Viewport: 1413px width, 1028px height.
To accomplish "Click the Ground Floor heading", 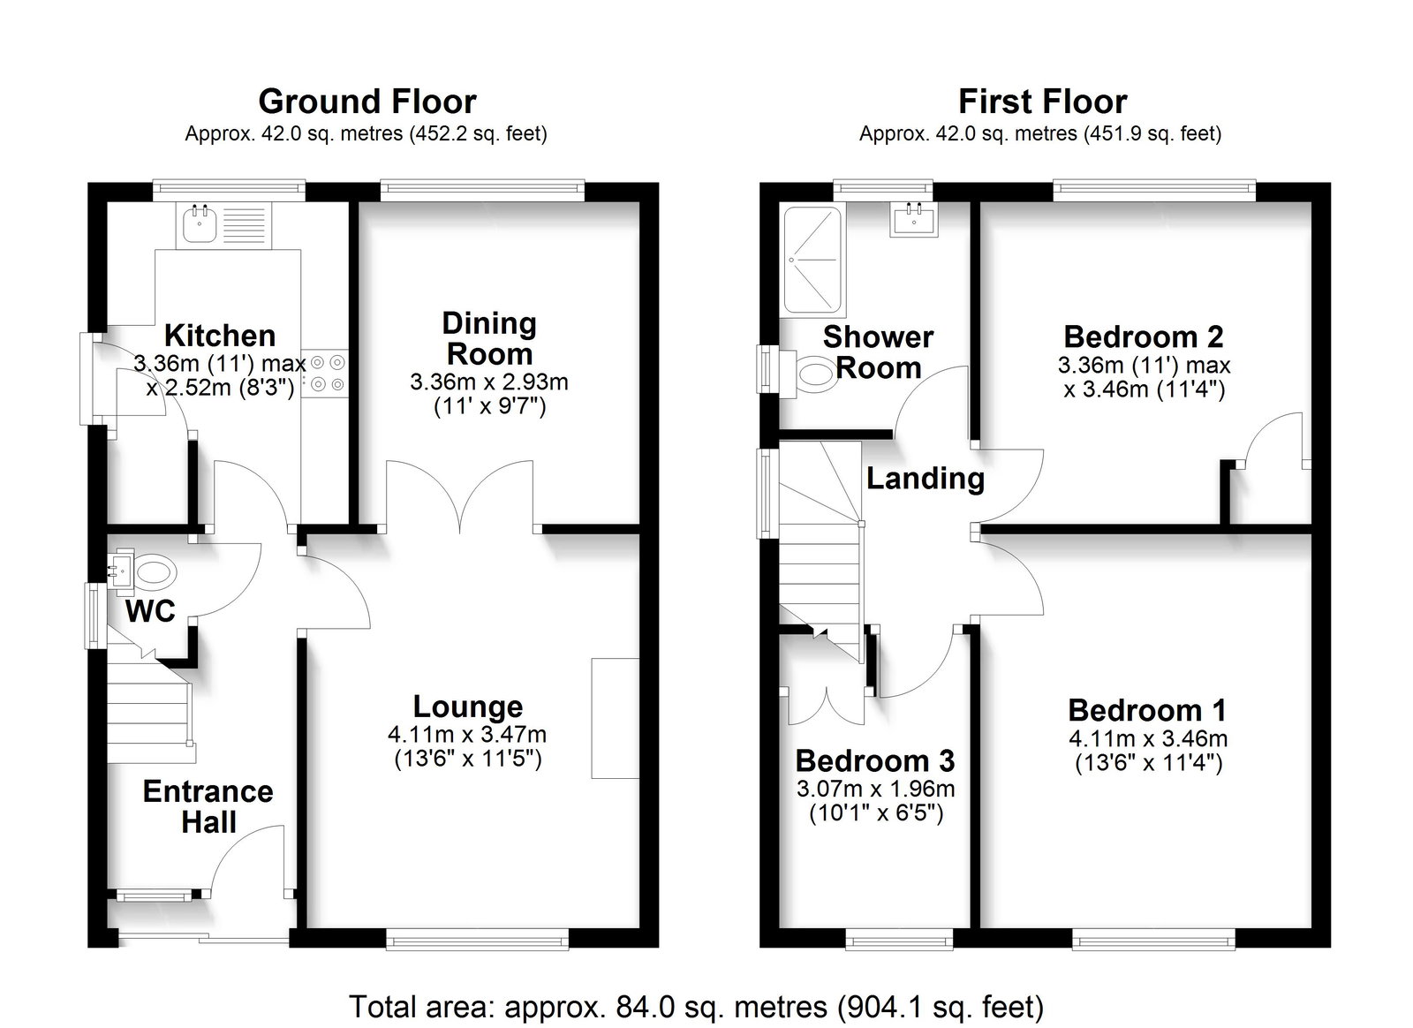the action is click(x=367, y=102).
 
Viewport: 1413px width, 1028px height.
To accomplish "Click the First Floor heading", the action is click(x=1043, y=102).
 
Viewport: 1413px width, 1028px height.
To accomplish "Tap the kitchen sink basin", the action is click(x=200, y=224).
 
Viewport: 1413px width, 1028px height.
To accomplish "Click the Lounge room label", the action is click(x=467, y=707).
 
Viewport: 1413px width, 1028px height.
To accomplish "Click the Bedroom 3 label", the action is click(x=875, y=760).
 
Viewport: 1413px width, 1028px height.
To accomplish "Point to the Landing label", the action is click(x=926, y=479).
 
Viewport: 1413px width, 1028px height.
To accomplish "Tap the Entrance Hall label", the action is click(x=208, y=806).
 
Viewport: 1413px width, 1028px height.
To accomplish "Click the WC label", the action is click(x=150, y=611).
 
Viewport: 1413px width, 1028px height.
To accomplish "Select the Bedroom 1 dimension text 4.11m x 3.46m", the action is click(x=1148, y=738).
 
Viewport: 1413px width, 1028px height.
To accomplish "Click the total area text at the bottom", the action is click(x=697, y=1007).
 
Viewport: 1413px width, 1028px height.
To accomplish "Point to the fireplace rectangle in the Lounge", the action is click(x=615, y=718).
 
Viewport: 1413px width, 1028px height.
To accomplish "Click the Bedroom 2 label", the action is click(x=1143, y=336).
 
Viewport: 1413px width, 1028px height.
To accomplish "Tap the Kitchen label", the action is click(x=220, y=336).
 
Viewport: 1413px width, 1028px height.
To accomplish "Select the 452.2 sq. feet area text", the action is click(x=479, y=133).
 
